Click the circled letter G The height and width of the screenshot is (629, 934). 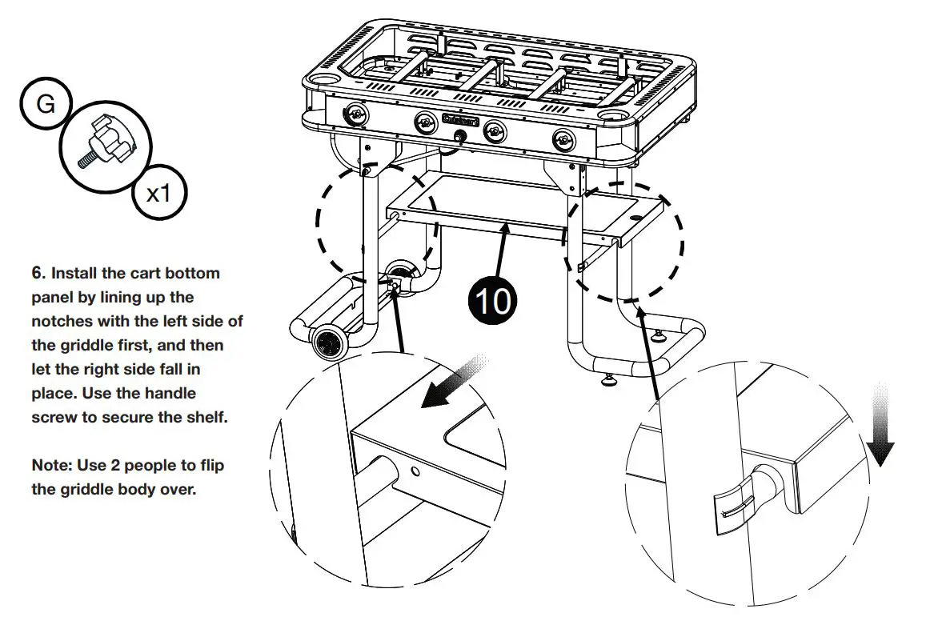tap(46, 104)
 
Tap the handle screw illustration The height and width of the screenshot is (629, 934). tap(106, 144)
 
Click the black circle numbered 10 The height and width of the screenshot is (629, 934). tap(493, 302)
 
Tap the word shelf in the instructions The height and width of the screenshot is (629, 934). tap(208, 418)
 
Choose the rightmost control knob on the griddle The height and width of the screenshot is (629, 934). tap(563, 141)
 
